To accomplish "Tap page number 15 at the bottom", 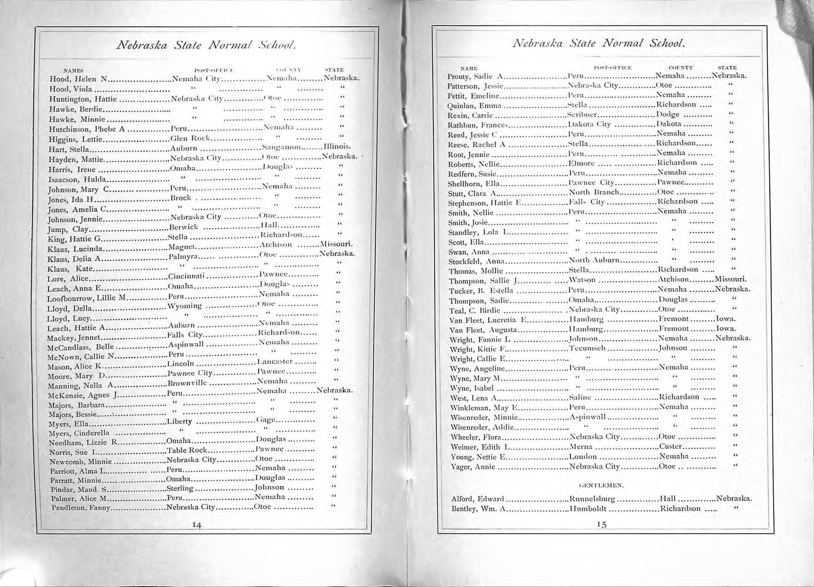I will [x=602, y=525].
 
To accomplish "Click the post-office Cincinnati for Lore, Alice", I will [x=186, y=277].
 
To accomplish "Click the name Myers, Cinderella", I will [x=78, y=433].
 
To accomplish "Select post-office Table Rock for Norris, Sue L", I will [x=187, y=450].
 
